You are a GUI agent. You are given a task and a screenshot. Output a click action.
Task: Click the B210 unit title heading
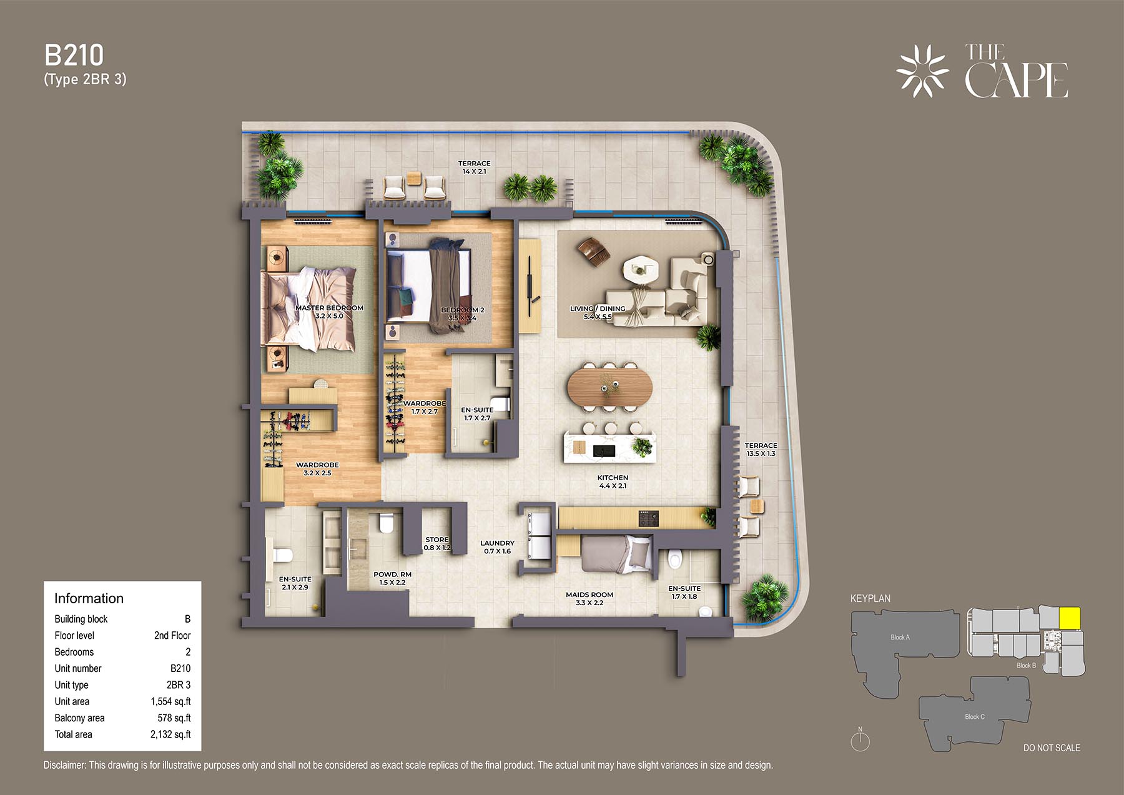tap(74, 56)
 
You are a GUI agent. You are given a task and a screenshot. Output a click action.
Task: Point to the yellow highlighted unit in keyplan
tap(1070, 618)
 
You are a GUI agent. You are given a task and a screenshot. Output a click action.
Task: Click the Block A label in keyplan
tap(900, 637)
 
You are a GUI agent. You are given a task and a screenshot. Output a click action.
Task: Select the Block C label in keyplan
tap(974, 716)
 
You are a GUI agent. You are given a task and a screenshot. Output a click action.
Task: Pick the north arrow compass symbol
tap(860, 739)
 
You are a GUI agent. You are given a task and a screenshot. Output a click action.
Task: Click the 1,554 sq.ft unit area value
tap(170, 701)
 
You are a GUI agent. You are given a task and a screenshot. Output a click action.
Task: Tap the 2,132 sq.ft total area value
tap(170, 734)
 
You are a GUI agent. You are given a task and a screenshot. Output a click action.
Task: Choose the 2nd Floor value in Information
tap(172, 635)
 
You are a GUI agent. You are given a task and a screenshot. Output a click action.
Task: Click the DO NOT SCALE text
tap(1052, 748)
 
